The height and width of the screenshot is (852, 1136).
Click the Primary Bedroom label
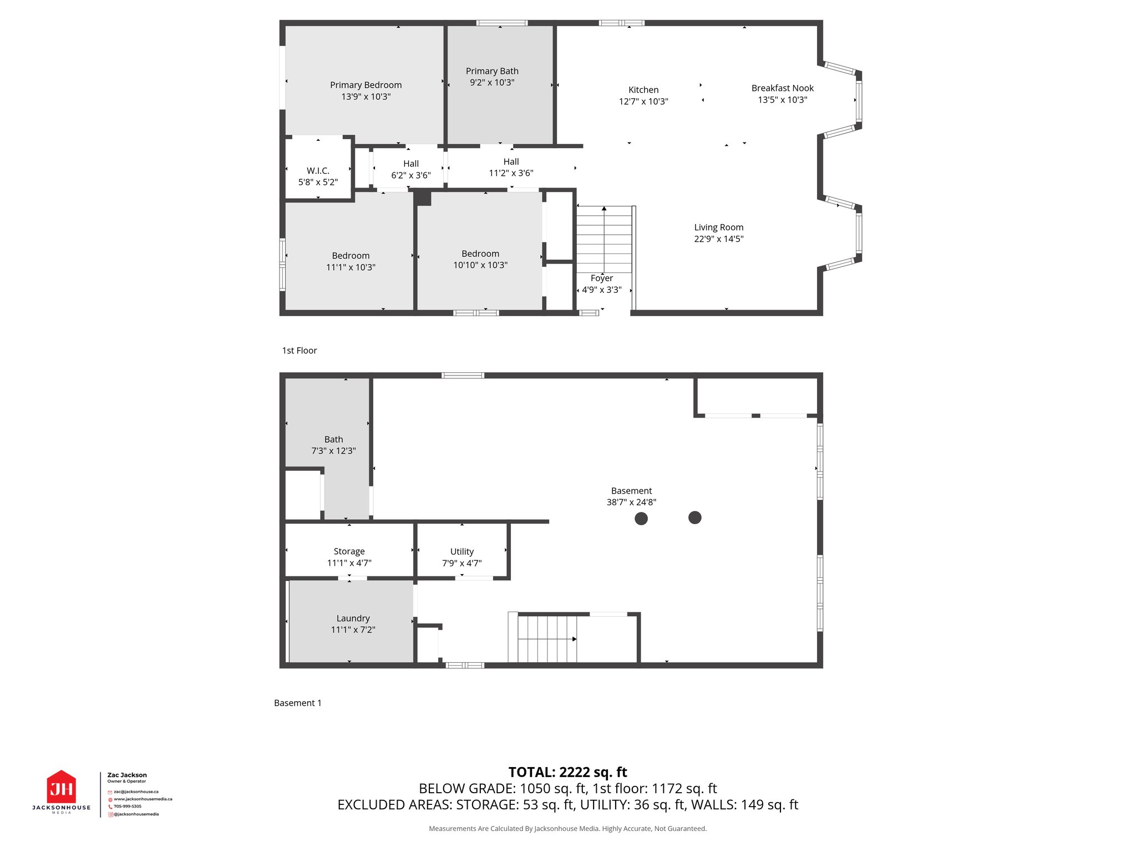click(366, 85)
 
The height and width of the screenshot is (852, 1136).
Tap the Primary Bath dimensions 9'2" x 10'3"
click(492, 83)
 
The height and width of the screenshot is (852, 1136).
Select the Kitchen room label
click(643, 90)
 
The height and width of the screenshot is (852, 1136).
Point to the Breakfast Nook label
click(782, 88)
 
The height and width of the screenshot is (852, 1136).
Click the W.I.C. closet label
click(318, 171)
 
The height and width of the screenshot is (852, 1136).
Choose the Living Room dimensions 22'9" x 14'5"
click(718, 239)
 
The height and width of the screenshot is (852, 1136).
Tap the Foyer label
click(601, 278)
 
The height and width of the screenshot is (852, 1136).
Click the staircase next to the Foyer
click(604, 239)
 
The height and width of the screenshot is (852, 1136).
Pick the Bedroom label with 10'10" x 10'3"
click(480, 253)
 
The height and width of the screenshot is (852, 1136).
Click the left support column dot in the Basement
click(641, 519)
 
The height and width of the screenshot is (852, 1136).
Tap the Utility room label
click(461, 551)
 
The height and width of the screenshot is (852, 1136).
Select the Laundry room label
click(353, 618)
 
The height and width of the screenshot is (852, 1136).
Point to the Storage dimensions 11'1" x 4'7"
click(349, 563)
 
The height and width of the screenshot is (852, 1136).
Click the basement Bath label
click(333, 439)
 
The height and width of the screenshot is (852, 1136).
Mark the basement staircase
click(547, 639)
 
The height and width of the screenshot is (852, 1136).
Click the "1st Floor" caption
click(300, 351)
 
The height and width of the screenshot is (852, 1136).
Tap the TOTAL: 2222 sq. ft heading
click(567, 772)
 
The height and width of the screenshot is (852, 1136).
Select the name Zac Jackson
click(127, 775)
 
